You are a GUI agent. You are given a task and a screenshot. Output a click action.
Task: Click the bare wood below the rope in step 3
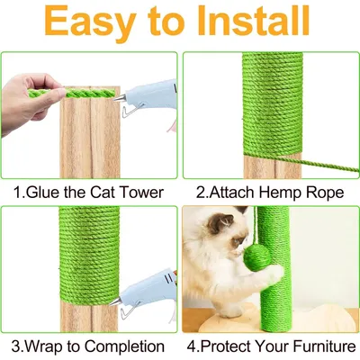(x=90, y=315)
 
